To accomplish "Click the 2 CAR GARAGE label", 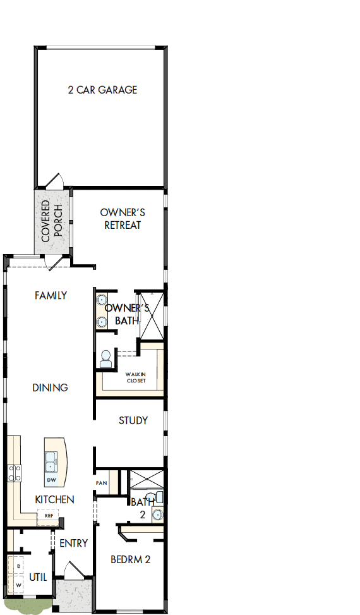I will (102, 90).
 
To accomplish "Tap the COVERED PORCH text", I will (52, 222).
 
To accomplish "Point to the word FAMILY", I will (51, 295).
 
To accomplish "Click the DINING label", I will (50, 387).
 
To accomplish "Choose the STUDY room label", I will (133, 420).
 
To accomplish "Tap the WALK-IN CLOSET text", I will (135, 377).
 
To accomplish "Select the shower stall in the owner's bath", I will (152, 314).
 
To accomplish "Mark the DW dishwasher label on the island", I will (51, 480).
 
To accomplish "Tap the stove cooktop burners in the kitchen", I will (14, 473).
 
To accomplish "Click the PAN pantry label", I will (101, 483).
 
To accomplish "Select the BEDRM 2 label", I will (130, 559).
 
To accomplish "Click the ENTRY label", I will (73, 543).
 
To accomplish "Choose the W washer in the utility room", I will (18, 585).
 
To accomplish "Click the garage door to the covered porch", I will (54, 181).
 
